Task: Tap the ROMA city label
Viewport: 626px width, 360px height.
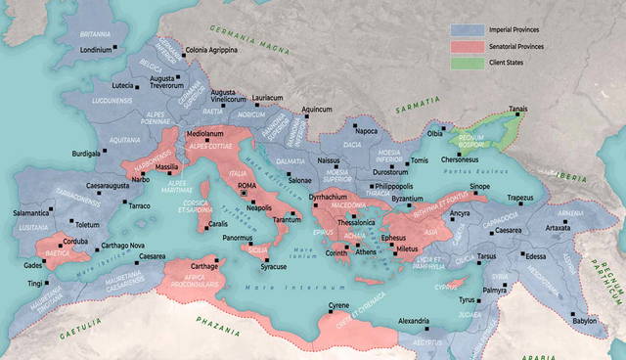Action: coord(246,185)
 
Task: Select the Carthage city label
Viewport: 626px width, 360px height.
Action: coord(203,266)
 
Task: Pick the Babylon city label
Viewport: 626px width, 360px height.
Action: coord(585,321)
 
